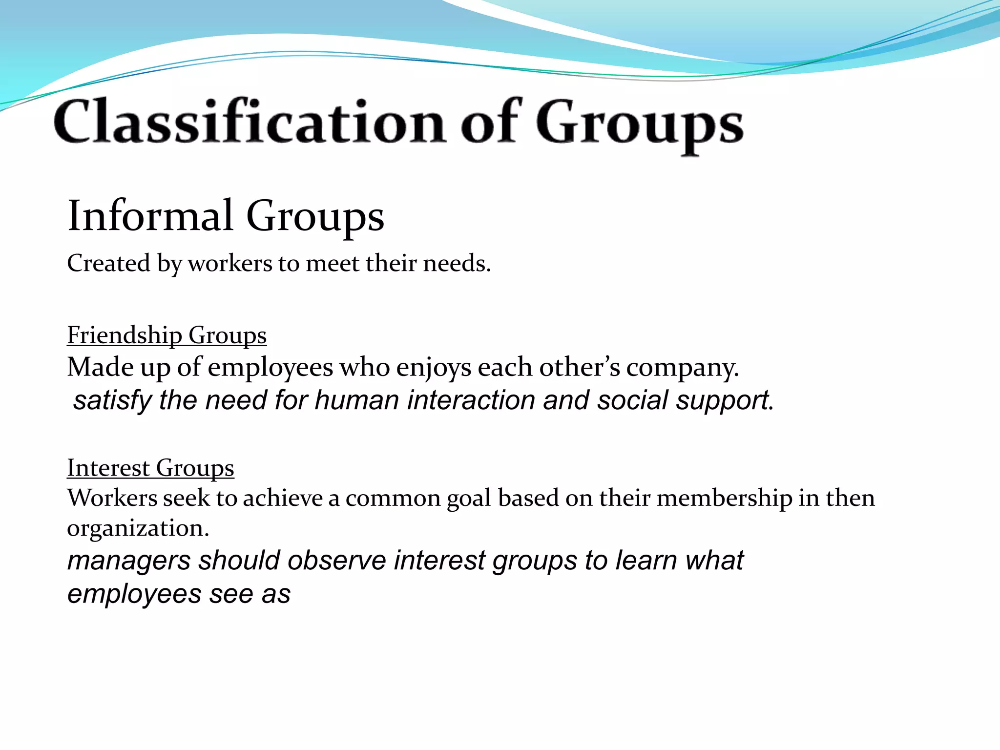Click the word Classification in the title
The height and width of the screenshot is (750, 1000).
tap(249, 121)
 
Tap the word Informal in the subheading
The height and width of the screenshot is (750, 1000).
tap(150, 216)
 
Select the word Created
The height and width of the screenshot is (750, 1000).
tap(108, 263)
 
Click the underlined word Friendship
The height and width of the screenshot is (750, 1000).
tap(124, 335)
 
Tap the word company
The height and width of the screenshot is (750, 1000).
tap(682, 367)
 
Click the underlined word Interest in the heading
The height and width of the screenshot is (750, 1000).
tap(108, 468)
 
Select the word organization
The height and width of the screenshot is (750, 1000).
tap(138, 528)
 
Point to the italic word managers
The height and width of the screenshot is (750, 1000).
tap(128, 561)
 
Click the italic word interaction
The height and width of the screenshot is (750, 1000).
tap(471, 400)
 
